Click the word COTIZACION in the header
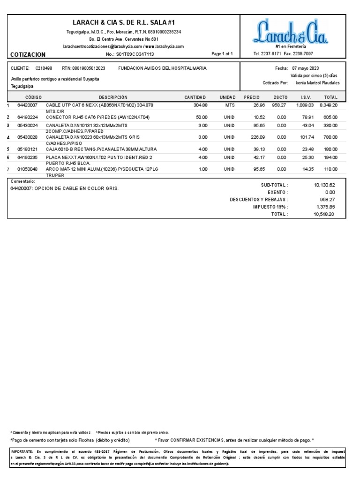point(28,55)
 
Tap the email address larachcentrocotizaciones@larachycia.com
point(101,47)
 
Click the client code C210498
point(44,68)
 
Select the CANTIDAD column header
point(195,97)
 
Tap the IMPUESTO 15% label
point(270,207)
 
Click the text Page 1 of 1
point(222,54)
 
